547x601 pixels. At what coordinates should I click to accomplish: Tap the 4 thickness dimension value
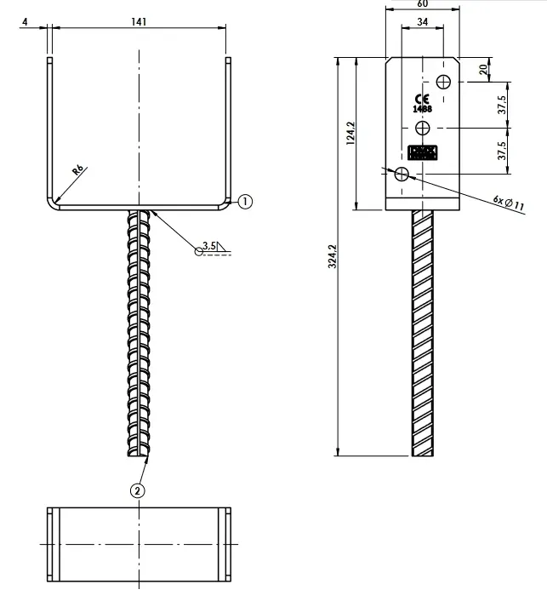(x=27, y=22)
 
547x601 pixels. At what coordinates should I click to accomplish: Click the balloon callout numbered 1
(x=245, y=202)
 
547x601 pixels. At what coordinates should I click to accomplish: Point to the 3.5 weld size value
(x=210, y=245)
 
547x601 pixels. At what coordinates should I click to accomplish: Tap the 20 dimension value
(x=484, y=69)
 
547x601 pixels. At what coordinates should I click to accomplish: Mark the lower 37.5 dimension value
(x=503, y=151)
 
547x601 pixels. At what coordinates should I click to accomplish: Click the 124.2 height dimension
(x=350, y=134)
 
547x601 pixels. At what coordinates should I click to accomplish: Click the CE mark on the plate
(x=422, y=98)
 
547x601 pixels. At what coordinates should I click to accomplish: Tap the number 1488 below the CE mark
(x=422, y=109)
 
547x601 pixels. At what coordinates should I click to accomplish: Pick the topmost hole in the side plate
(x=443, y=82)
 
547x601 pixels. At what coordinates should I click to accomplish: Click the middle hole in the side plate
(x=423, y=128)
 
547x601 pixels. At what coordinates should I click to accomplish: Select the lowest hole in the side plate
(x=402, y=174)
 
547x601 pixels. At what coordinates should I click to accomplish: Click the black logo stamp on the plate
(x=422, y=153)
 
